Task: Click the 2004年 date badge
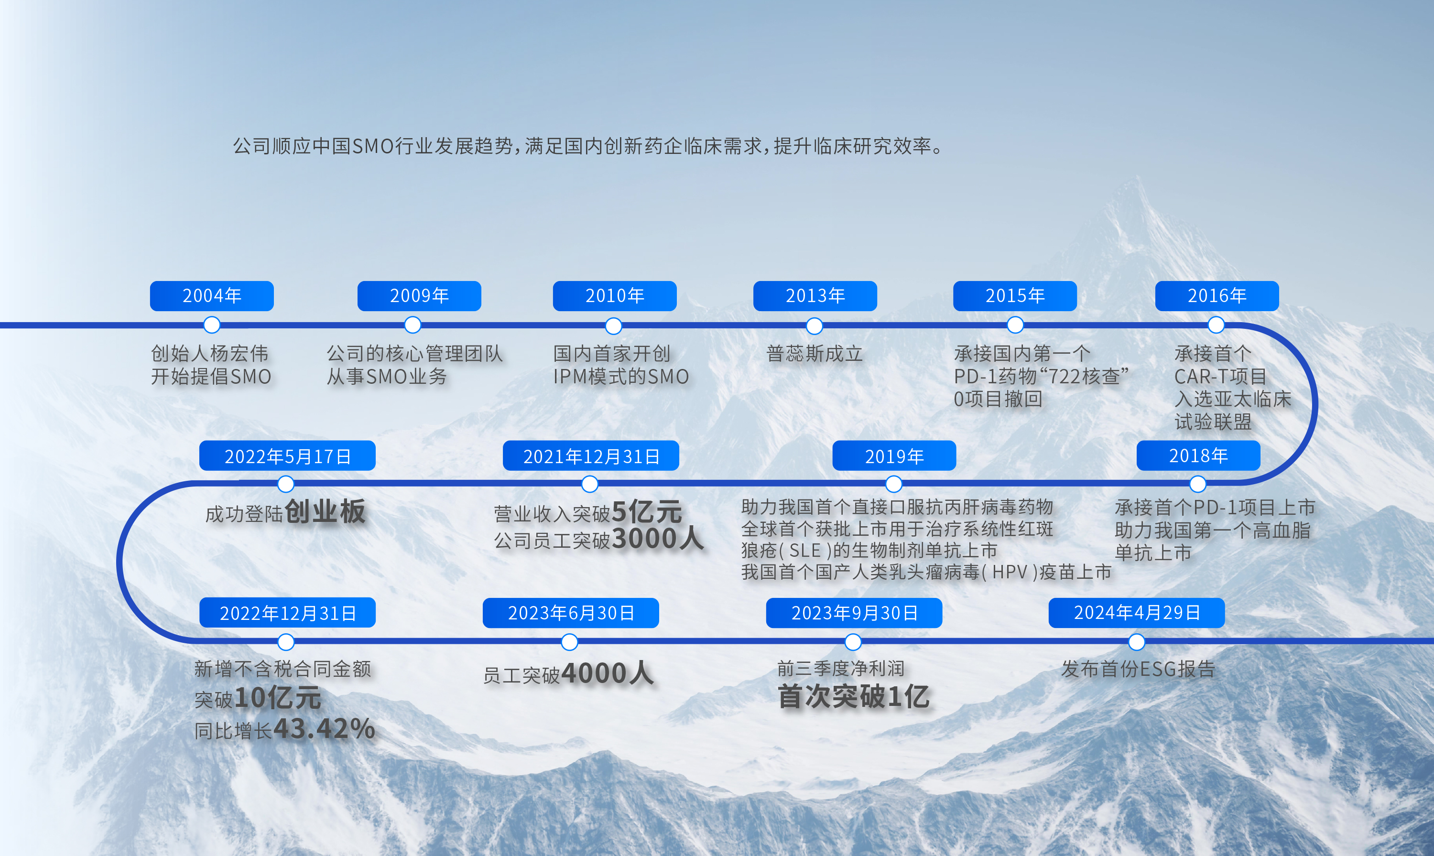click(x=212, y=296)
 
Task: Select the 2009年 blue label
click(x=419, y=296)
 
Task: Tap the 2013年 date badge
click(x=815, y=296)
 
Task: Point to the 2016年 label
click(x=1217, y=296)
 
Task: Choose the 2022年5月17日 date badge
click(x=287, y=455)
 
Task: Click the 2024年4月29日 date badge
click(x=1136, y=613)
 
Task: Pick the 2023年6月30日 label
click(x=570, y=613)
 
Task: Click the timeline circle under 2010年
click(x=613, y=326)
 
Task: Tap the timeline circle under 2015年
click(x=1015, y=325)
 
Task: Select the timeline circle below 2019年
click(x=893, y=484)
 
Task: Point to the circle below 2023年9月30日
click(x=853, y=642)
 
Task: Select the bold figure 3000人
click(x=658, y=539)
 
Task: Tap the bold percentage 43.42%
click(x=324, y=728)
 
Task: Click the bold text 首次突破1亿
click(x=853, y=696)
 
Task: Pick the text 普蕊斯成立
click(x=815, y=354)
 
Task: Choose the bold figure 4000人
click(x=608, y=673)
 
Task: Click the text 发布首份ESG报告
click(x=1138, y=669)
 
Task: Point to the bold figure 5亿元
click(x=647, y=511)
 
